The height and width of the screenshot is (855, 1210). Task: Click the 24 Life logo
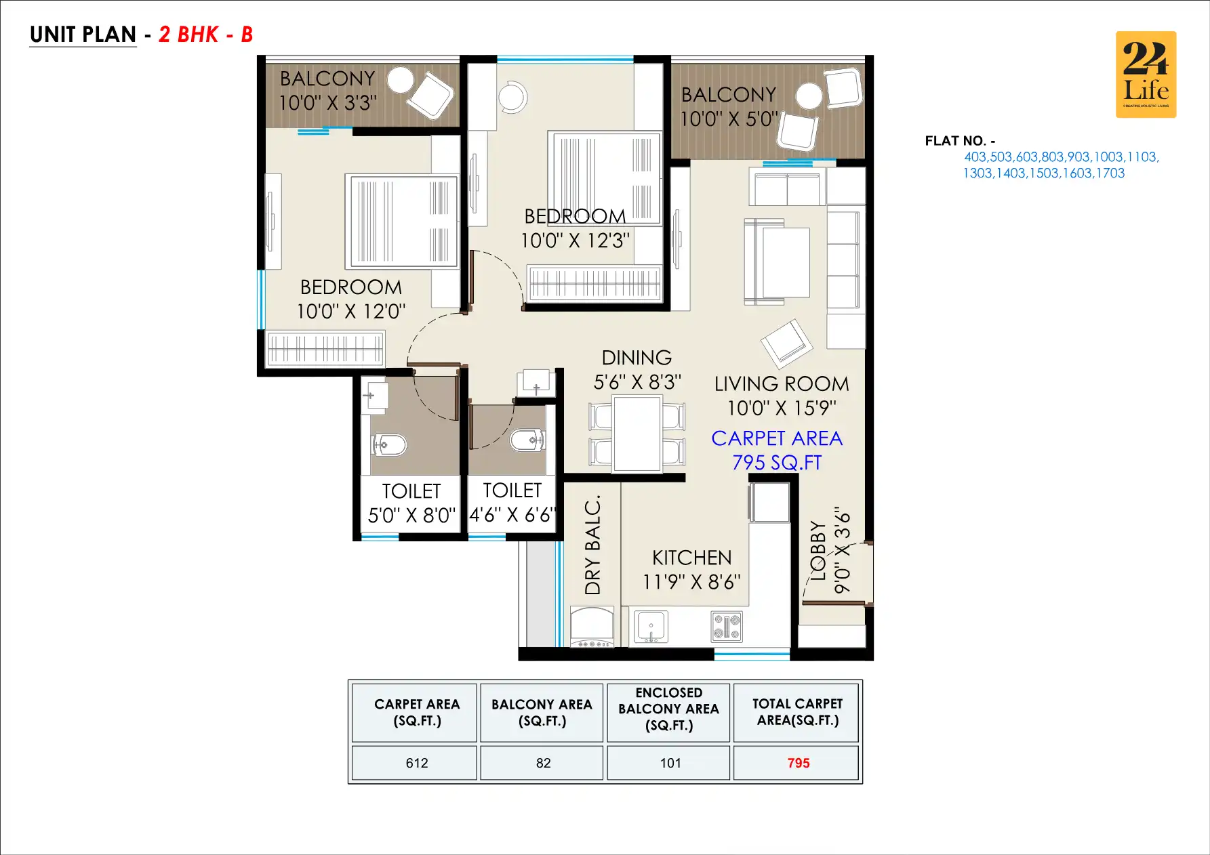1146,75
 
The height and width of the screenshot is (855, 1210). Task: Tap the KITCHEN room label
691,558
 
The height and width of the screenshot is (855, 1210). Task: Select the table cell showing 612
416,763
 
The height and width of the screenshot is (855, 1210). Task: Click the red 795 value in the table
798,763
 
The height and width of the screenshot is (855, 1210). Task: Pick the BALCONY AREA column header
542,712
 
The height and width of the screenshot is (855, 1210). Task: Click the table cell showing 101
670,763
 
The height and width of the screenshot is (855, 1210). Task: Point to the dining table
637,434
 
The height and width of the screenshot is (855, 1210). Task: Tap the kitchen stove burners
726,626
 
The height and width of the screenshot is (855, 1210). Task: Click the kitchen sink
650,626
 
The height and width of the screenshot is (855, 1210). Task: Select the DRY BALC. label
592,545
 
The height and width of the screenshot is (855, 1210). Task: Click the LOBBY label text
818,550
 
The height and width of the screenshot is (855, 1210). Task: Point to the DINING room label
637,358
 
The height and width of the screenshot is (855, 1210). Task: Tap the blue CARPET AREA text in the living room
777,438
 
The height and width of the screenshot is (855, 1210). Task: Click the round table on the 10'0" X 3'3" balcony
401,79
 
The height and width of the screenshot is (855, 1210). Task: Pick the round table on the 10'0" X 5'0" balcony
809,96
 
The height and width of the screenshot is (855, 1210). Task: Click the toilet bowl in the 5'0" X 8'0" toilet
389,444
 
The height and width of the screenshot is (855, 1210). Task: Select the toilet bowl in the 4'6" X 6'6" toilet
527,440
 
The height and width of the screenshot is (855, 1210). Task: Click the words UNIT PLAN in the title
83,35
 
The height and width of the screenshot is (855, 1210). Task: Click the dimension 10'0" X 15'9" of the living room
782,408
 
